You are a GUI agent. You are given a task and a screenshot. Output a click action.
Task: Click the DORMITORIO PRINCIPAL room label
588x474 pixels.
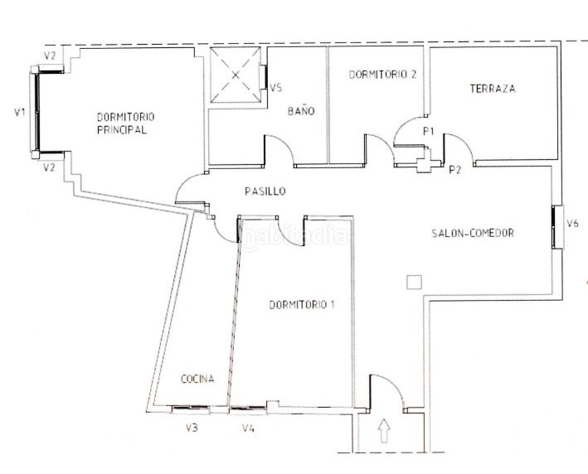point(125,123)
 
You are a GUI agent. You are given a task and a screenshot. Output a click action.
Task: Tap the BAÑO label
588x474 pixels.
point(301,110)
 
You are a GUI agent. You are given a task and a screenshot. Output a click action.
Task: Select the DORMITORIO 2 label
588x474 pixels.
point(382,75)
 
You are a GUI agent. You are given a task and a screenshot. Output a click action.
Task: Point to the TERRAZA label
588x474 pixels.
point(493,89)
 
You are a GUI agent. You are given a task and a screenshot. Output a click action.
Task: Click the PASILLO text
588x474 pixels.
point(265,191)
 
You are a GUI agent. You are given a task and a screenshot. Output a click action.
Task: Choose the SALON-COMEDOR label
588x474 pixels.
point(473,233)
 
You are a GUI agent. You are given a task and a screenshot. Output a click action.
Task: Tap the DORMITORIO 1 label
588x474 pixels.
point(302,305)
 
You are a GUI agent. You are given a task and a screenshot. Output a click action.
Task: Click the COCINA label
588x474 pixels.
point(197,379)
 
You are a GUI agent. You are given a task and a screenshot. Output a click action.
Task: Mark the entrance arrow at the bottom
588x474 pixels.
point(383,431)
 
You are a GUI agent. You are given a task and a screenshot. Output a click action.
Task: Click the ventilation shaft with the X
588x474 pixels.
point(236,75)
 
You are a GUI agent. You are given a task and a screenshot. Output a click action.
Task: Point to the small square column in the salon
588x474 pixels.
point(414,282)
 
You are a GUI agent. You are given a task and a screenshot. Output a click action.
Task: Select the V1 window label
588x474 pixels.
point(20,112)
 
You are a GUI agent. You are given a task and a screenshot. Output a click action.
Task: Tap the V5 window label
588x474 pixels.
point(276,88)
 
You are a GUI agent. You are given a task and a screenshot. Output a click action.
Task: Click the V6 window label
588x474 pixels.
point(572,224)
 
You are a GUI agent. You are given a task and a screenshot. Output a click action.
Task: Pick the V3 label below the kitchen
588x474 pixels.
point(192,428)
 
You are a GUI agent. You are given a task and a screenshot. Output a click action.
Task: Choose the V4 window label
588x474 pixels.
point(248,428)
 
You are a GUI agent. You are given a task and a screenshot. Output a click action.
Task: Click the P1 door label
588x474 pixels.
point(428,131)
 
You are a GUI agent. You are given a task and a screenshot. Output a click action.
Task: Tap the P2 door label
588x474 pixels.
point(454,170)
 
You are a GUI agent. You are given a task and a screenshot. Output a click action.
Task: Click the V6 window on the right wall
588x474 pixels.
point(557,227)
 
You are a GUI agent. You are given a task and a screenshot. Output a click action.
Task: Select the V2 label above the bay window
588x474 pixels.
point(50,56)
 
